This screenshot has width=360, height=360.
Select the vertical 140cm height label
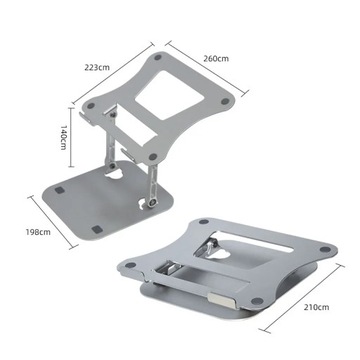(61, 131)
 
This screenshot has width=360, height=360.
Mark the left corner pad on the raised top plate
(97, 103)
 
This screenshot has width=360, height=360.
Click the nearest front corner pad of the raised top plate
(151, 157)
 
